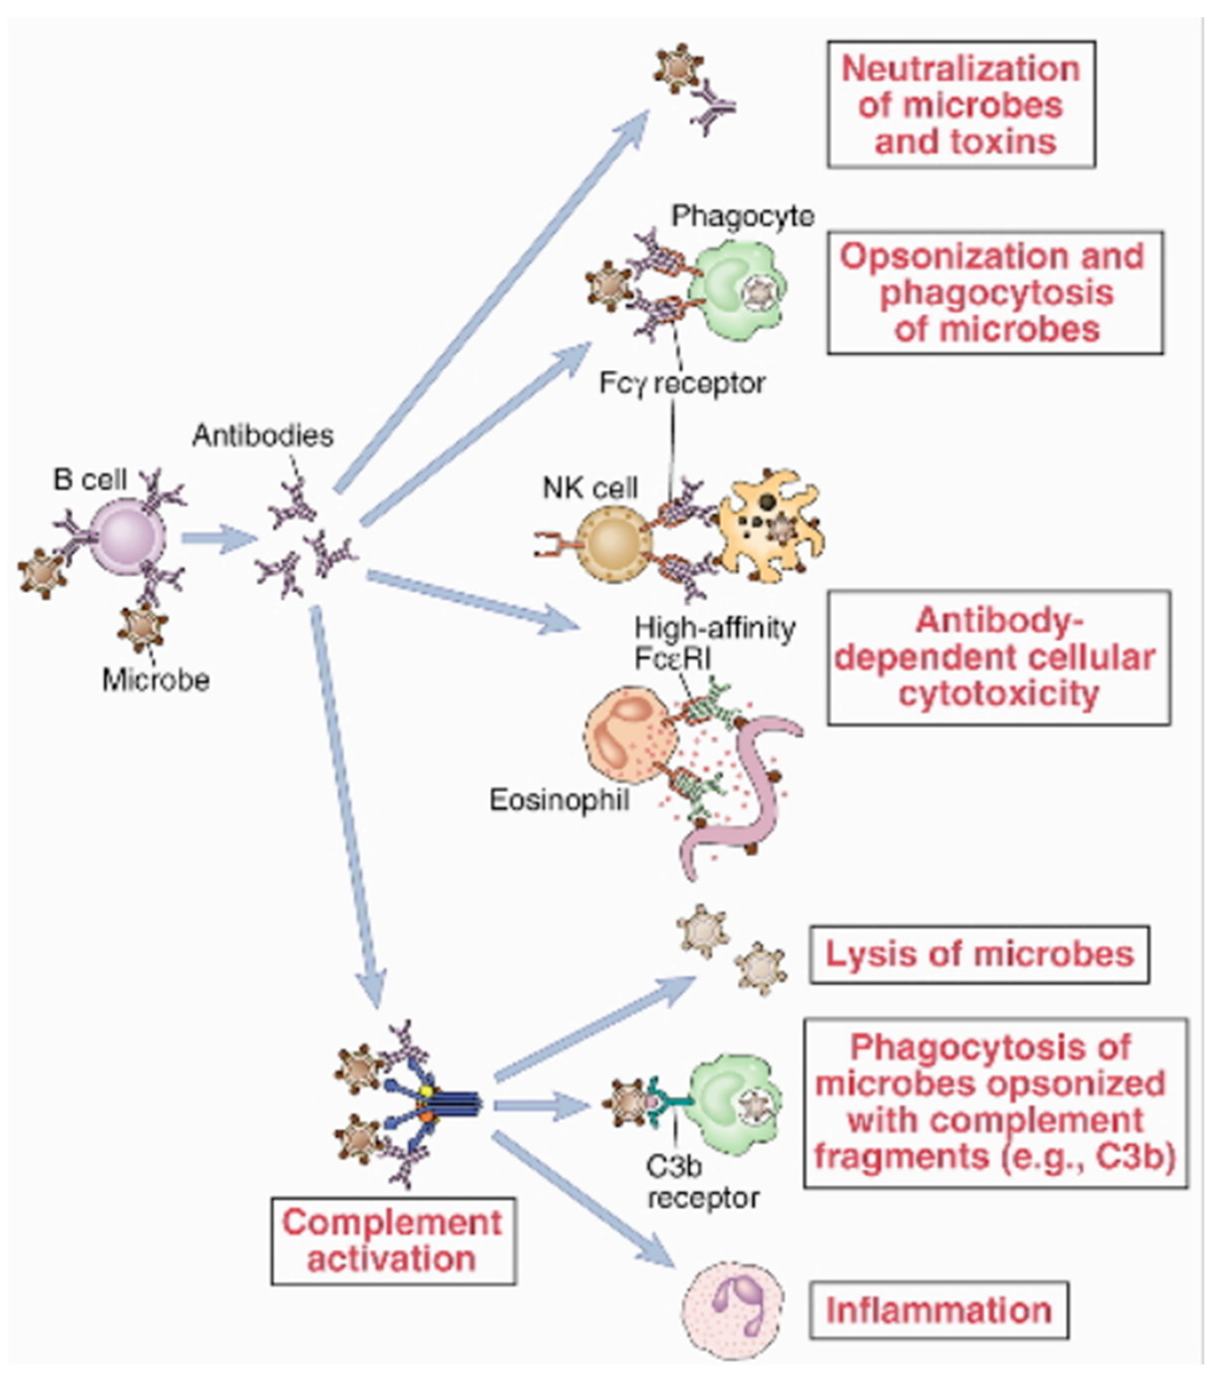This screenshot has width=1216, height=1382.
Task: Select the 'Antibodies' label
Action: pyautogui.click(x=263, y=436)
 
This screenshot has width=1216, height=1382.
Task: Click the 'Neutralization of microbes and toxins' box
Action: pyautogui.click(x=960, y=105)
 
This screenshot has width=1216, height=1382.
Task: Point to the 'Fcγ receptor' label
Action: pyautogui.click(x=682, y=383)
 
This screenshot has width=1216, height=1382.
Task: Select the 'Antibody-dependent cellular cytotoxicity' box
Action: pyautogui.click(x=998, y=658)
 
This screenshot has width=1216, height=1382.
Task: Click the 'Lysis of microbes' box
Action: pyautogui.click(x=979, y=954)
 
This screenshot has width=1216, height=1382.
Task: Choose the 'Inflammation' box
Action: pyautogui.click(x=938, y=1310)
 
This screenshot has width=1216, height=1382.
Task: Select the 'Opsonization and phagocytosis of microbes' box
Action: pyautogui.click(x=994, y=292)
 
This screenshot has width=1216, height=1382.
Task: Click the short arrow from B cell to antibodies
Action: pyautogui.click(x=218, y=539)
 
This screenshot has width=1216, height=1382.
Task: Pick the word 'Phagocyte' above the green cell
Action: pyautogui.click(x=742, y=217)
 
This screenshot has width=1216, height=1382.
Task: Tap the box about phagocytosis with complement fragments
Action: pyautogui.click(x=994, y=1103)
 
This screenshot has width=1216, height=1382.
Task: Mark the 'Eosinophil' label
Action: pyautogui.click(x=559, y=800)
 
